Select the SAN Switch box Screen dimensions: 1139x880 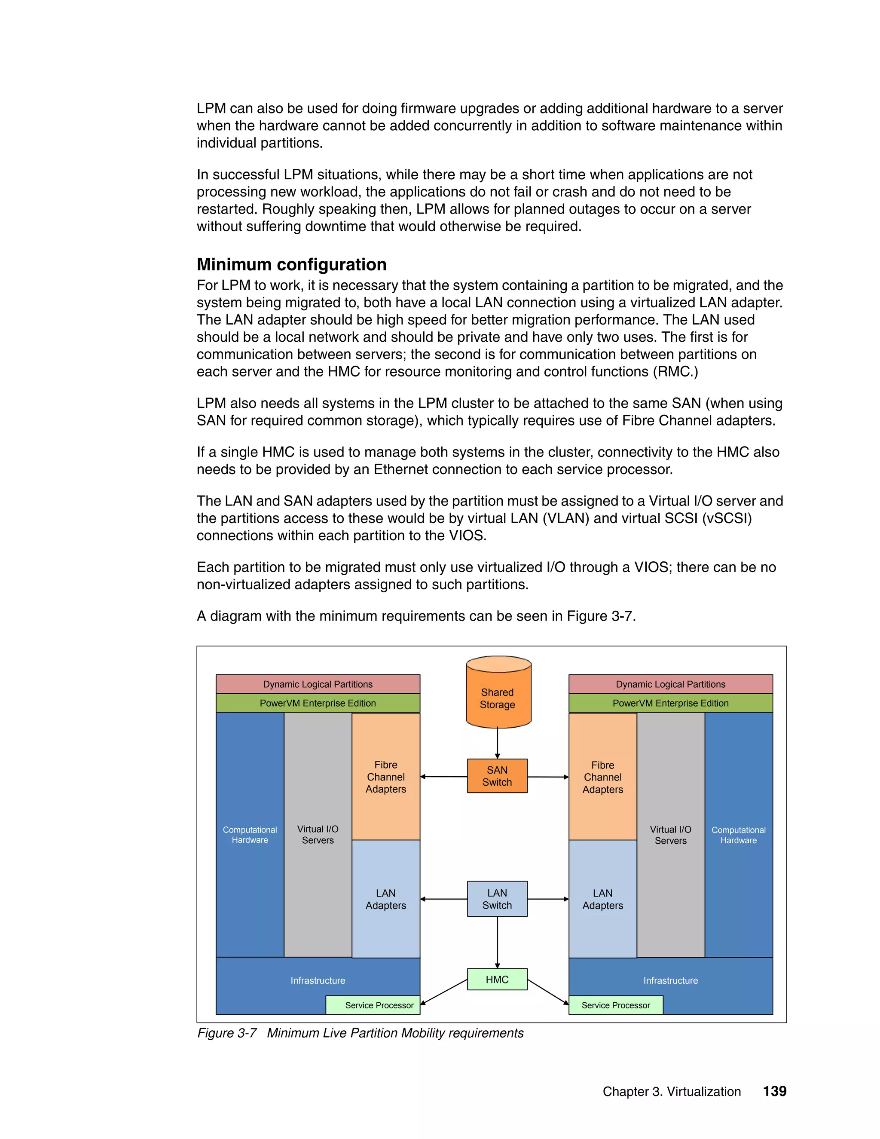click(497, 775)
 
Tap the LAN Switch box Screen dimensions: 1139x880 click(497, 899)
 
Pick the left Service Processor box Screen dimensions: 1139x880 click(373, 1004)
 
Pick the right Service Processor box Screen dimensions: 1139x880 click(615, 1004)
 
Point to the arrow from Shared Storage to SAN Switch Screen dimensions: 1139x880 click(497, 743)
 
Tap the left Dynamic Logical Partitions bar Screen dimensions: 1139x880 click(318, 684)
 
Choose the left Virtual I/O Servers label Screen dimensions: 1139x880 click(318, 834)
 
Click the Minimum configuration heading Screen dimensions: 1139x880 click(291, 264)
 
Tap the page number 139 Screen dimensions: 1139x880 click(774, 1090)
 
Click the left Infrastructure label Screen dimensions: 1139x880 click(318, 980)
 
